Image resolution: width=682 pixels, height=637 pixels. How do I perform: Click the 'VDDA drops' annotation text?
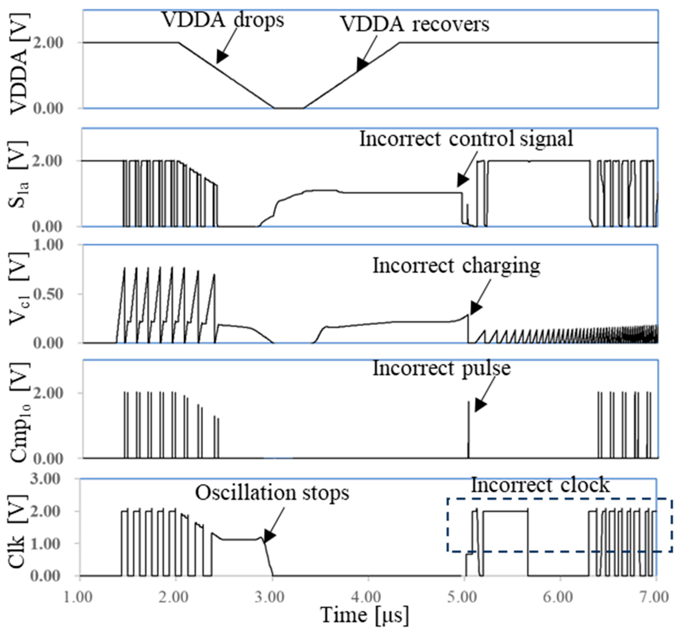pyautogui.click(x=223, y=20)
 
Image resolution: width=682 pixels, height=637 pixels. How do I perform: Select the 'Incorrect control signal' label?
pyautogui.click(x=466, y=139)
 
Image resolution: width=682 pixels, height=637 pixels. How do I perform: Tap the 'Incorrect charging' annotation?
pyautogui.click(x=456, y=266)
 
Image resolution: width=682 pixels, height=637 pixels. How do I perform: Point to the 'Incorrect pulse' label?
pyautogui.click(x=442, y=368)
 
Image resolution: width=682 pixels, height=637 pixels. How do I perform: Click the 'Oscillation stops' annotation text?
pyautogui.click(x=272, y=493)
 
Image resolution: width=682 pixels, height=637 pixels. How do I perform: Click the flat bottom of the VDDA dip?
pyautogui.click(x=289, y=108)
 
